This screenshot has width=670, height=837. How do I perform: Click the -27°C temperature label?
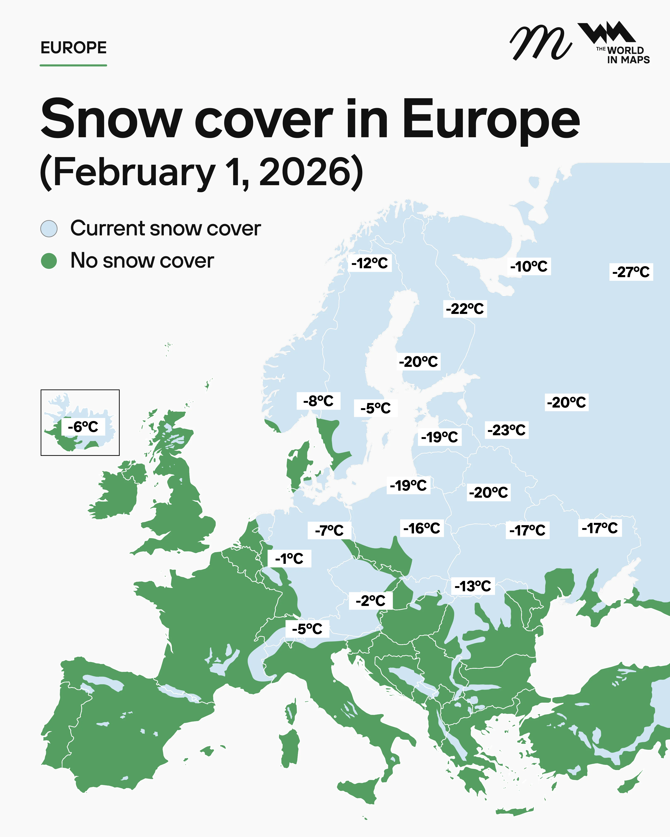631,272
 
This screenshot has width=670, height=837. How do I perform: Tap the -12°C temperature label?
369,263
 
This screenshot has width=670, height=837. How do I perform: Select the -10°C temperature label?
529,266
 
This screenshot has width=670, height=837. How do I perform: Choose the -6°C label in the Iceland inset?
83,427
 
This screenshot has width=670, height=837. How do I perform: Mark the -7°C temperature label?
329,530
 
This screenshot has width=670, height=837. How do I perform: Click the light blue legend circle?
49,228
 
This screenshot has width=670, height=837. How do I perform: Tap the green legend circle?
49,261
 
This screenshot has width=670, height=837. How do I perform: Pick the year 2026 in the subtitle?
311,171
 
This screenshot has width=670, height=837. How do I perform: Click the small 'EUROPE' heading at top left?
73,48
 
